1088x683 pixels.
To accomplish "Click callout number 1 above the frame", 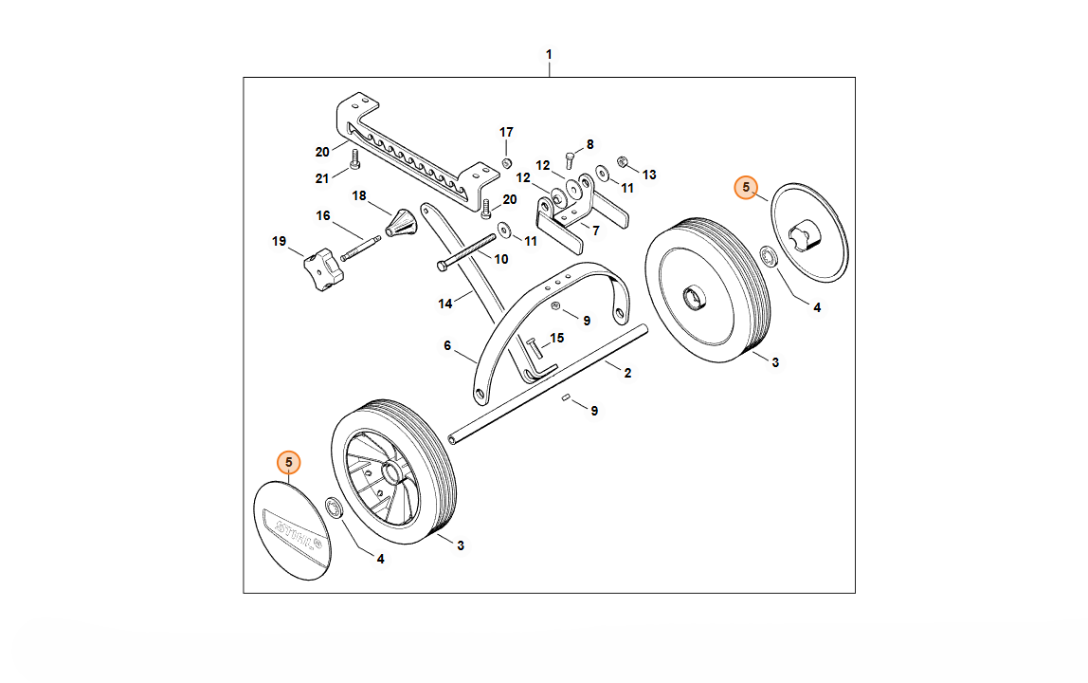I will [x=549, y=55].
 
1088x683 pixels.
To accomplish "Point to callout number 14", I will [x=445, y=304].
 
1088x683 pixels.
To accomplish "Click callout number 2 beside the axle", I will [x=627, y=373].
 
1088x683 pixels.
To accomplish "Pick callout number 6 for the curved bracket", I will [x=447, y=346].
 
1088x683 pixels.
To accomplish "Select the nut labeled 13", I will [x=623, y=159].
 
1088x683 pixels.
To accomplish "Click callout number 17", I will [x=506, y=132].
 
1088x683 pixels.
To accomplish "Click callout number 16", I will [x=323, y=216].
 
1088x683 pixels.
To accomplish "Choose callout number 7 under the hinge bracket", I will [x=595, y=231].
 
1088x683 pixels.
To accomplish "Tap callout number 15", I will [x=557, y=338].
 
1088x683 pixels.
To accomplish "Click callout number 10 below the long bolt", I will [x=501, y=258].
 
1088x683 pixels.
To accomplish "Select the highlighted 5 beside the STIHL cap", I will [x=289, y=462].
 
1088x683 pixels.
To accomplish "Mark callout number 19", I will [x=279, y=242].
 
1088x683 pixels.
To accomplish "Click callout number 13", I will [x=649, y=175].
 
